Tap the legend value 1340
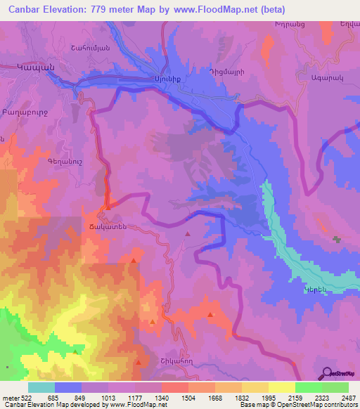162,398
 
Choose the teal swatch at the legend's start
41,387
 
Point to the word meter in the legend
11,398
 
